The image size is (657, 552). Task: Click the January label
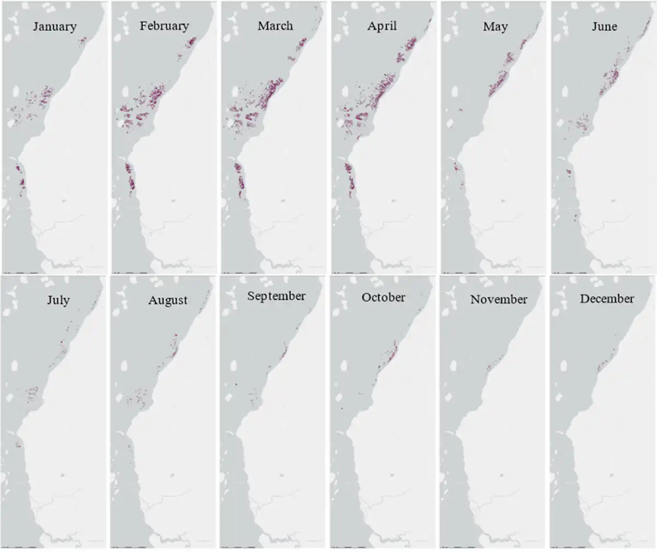(55, 26)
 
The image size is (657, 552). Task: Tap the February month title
(164, 26)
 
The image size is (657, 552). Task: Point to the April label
(383, 26)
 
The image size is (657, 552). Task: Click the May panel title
(495, 26)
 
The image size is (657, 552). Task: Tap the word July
(57, 300)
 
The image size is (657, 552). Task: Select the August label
(168, 300)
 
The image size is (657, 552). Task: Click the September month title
(276, 296)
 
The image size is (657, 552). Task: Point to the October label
(383, 297)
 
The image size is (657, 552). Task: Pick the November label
(498, 299)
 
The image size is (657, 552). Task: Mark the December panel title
(607, 298)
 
